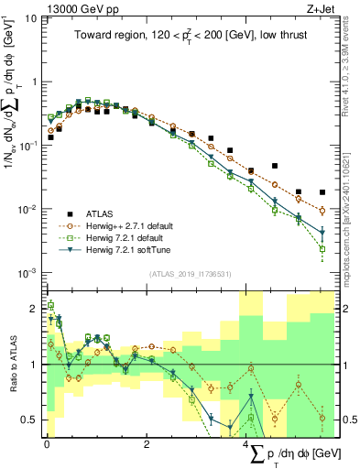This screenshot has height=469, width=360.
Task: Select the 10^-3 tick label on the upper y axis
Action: [x=27, y=273]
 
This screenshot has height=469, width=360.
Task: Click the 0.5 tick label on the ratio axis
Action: [x=30, y=420]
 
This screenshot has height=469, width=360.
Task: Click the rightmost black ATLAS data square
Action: [x=322, y=192]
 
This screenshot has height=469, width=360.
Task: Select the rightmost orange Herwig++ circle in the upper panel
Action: [x=322, y=211]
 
